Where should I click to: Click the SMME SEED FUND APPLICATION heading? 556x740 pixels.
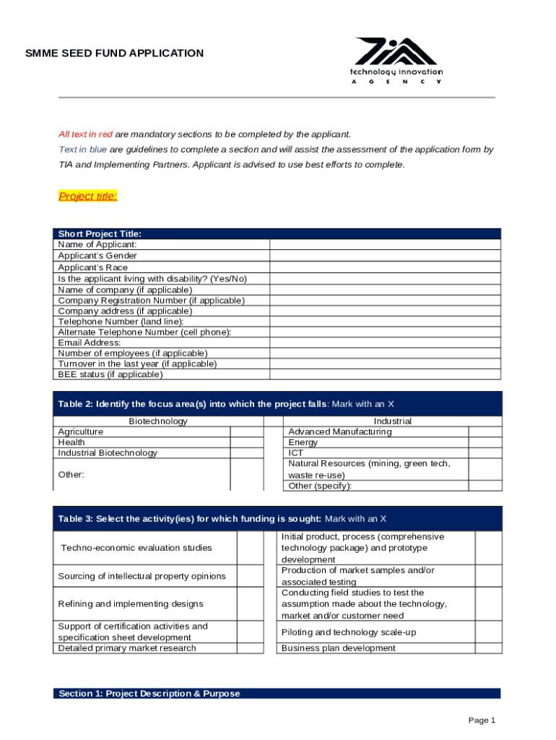[x=115, y=53]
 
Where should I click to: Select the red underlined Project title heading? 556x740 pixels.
[x=87, y=197]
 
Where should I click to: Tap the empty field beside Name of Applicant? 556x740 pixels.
[x=384, y=245]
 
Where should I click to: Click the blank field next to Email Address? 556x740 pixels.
[x=384, y=343]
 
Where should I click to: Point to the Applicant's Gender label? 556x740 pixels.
[x=97, y=256]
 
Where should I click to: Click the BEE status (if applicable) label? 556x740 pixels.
[x=110, y=374]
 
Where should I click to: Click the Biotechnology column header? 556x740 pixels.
[x=158, y=421]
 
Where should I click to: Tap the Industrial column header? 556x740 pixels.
[x=392, y=421]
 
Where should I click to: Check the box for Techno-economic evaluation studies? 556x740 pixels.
[x=250, y=548]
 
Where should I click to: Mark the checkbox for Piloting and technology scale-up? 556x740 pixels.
[x=488, y=632]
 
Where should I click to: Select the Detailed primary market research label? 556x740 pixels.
[x=127, y=648]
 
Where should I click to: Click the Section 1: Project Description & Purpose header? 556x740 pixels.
[x=149, y=694]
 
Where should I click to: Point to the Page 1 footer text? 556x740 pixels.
[x=481, y=720]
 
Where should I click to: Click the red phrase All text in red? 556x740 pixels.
[x=85, y=134]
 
